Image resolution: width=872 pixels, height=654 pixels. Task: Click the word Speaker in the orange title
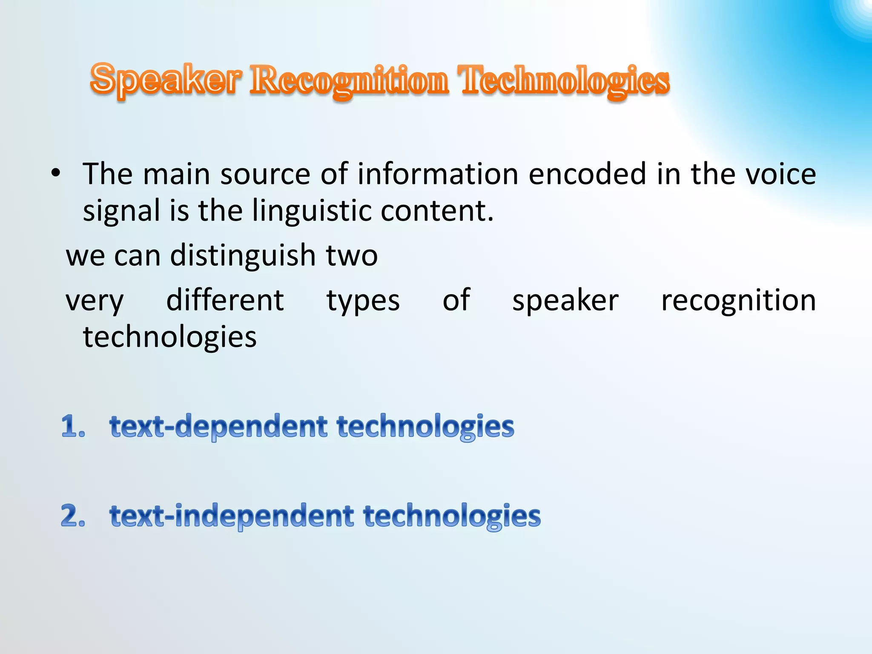click(x=166, y=80)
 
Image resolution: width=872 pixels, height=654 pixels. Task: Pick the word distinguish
click(x=243, y=255)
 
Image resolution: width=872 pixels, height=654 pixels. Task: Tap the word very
click(x=95, y=301)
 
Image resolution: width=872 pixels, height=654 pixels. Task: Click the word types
click(x=363, y=301)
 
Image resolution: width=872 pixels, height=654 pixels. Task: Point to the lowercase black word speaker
click(x=565, y=301)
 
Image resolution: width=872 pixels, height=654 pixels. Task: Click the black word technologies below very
click(x=169, y=337)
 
